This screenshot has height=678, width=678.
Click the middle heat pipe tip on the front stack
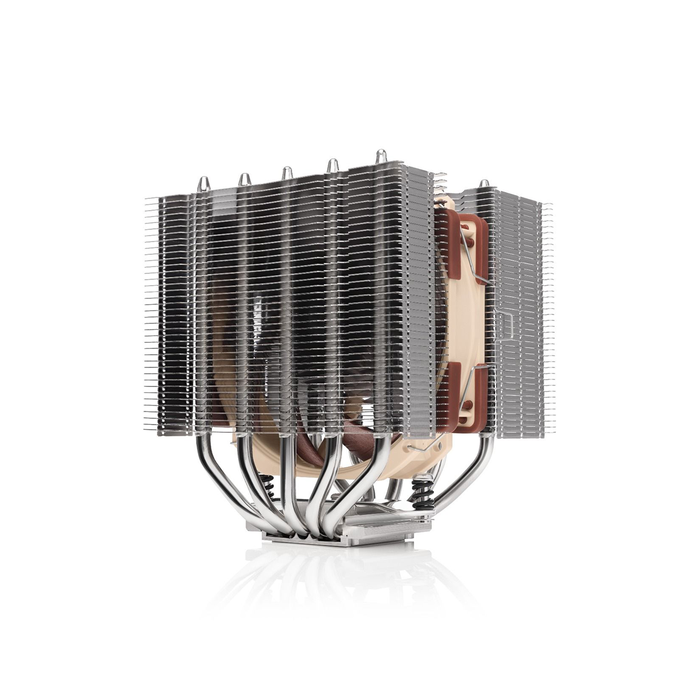[287, 172]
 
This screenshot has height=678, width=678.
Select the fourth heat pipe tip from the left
[333, 165]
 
